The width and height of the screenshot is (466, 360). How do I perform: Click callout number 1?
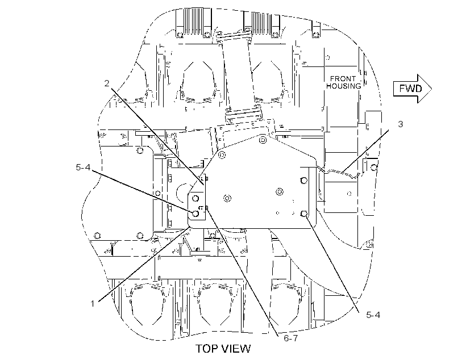[x=93, y=304]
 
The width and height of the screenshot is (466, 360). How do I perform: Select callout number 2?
[x=107, y=83]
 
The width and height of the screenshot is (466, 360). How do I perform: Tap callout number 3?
[x=400, y=124]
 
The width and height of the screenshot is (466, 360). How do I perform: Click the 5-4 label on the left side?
[x=83, y=168]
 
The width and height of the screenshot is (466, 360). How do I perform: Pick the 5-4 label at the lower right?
[x=373, y=315]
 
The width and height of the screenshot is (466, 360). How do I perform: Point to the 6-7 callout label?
[x=290, y=338]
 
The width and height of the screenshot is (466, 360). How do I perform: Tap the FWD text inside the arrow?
[x=410, y=89]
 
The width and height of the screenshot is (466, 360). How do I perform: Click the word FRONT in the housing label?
[x=343, y=79]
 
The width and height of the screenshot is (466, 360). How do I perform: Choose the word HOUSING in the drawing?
[x=344, y=86]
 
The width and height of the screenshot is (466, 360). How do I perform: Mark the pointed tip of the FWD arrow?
[x=431, y=89]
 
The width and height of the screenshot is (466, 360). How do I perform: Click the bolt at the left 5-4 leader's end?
[x=195, y=214]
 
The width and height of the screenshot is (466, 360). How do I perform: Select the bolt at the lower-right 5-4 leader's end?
[x=303, y=214]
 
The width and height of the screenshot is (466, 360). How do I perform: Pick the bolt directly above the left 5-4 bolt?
[x=195, y=198]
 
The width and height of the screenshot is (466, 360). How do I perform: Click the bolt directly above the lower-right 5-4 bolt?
[x=303, y=180]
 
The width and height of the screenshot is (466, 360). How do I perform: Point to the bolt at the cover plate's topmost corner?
[x=263, y=139]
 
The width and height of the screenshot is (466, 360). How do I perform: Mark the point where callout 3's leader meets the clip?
[x=342, y=171]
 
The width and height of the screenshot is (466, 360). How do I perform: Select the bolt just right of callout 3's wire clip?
[x=374, y=168]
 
